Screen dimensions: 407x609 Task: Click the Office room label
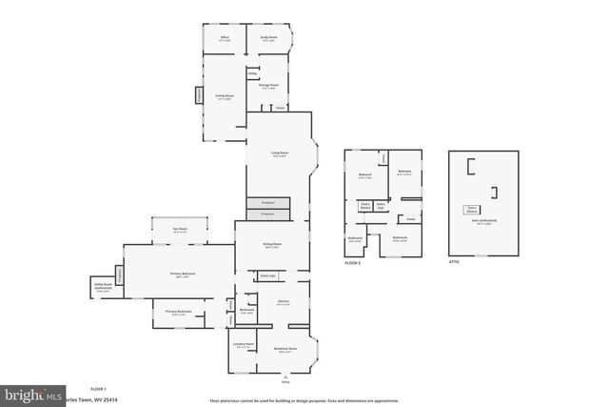224,38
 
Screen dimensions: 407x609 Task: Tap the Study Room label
268,38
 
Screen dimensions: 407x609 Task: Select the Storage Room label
268,85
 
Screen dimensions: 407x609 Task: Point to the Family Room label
224,96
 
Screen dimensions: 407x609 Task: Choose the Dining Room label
272,244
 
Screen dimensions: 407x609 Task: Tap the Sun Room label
180,231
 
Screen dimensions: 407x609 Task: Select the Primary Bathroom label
179,312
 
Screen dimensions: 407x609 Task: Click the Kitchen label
284,302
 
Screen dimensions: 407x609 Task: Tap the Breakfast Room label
285,350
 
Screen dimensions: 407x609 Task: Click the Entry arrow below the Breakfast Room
285,377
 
